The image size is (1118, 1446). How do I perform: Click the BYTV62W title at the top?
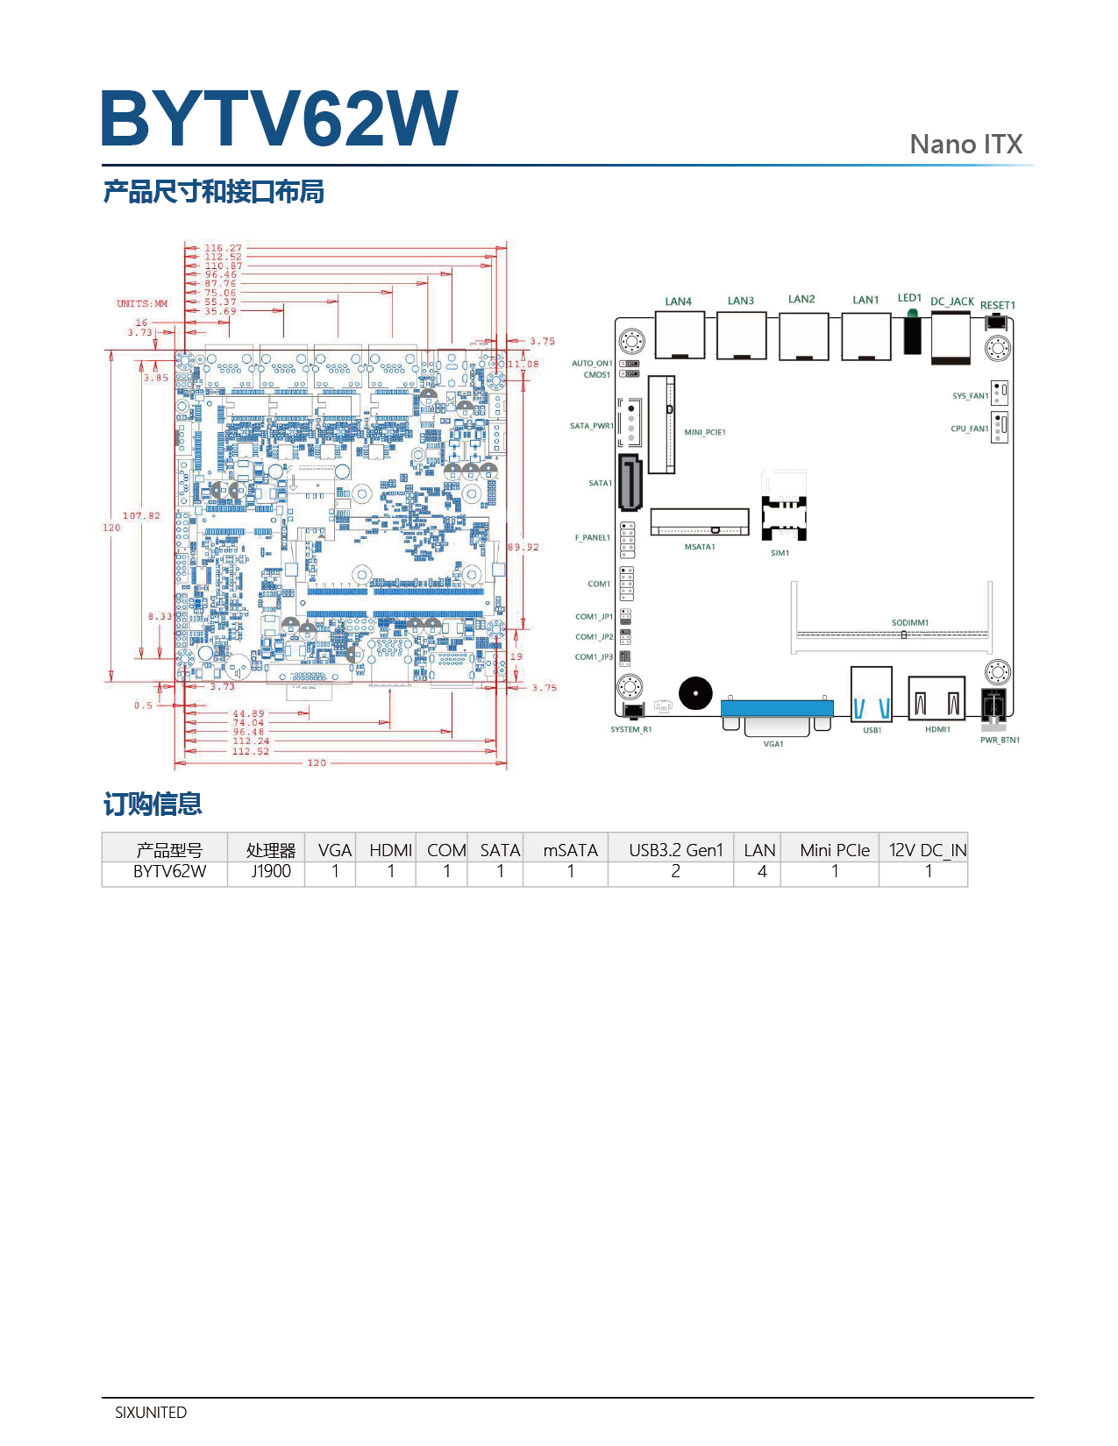[279, 118]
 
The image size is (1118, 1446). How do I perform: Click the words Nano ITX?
[965, 145]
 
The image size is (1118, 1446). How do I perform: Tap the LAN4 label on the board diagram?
[678, 301]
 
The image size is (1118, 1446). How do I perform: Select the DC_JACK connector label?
[951, 301]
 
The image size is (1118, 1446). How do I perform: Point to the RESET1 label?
[997, 305]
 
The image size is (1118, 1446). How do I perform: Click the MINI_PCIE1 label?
[705, 432]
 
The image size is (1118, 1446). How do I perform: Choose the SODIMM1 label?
[909, 622]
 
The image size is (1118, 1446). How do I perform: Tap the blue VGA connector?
[777, 708]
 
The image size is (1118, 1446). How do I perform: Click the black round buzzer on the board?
[695, 694]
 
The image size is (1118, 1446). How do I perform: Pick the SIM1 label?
[780, 553]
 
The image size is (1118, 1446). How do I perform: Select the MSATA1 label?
[700, 547]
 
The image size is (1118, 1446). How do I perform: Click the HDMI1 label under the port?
[937, 729]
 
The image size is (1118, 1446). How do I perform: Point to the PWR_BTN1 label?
[1000, 740]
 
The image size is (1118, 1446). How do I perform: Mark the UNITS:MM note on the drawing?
[142, 304]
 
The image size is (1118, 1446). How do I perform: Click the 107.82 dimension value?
[141, 515]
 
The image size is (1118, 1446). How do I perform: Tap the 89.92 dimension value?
[523, 547]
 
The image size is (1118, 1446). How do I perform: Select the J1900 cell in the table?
[270, 871]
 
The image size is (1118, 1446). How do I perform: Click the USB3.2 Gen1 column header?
[675, 850]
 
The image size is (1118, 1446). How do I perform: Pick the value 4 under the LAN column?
[762, 871]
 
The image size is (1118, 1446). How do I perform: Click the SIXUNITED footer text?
[151, 1413]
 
